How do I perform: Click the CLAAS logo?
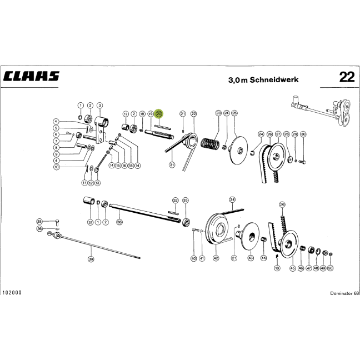pos(31,76)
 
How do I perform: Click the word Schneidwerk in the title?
pos(274,79)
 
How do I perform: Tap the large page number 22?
pos(347,77)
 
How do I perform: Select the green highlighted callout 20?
pos(159,114)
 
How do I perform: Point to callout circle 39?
pos(91,259)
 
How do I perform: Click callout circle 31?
pos(172,164)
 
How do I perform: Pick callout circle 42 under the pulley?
pos(216,258)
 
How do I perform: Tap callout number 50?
pos(330,268)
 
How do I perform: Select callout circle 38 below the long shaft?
pos(119,222)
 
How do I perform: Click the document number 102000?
pos(12,292)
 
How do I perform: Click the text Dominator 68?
pos(344,293)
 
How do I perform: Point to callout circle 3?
pos(99,106)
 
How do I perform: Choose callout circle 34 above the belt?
pos(232,200)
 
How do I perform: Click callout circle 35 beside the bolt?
pos(39,222)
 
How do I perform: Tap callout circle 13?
pos(98,183)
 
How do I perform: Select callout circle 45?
pos(292,268)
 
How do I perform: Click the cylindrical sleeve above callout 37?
pos(89,200)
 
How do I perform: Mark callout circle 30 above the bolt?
pos(303,134)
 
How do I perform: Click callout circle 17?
pos(126,114)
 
